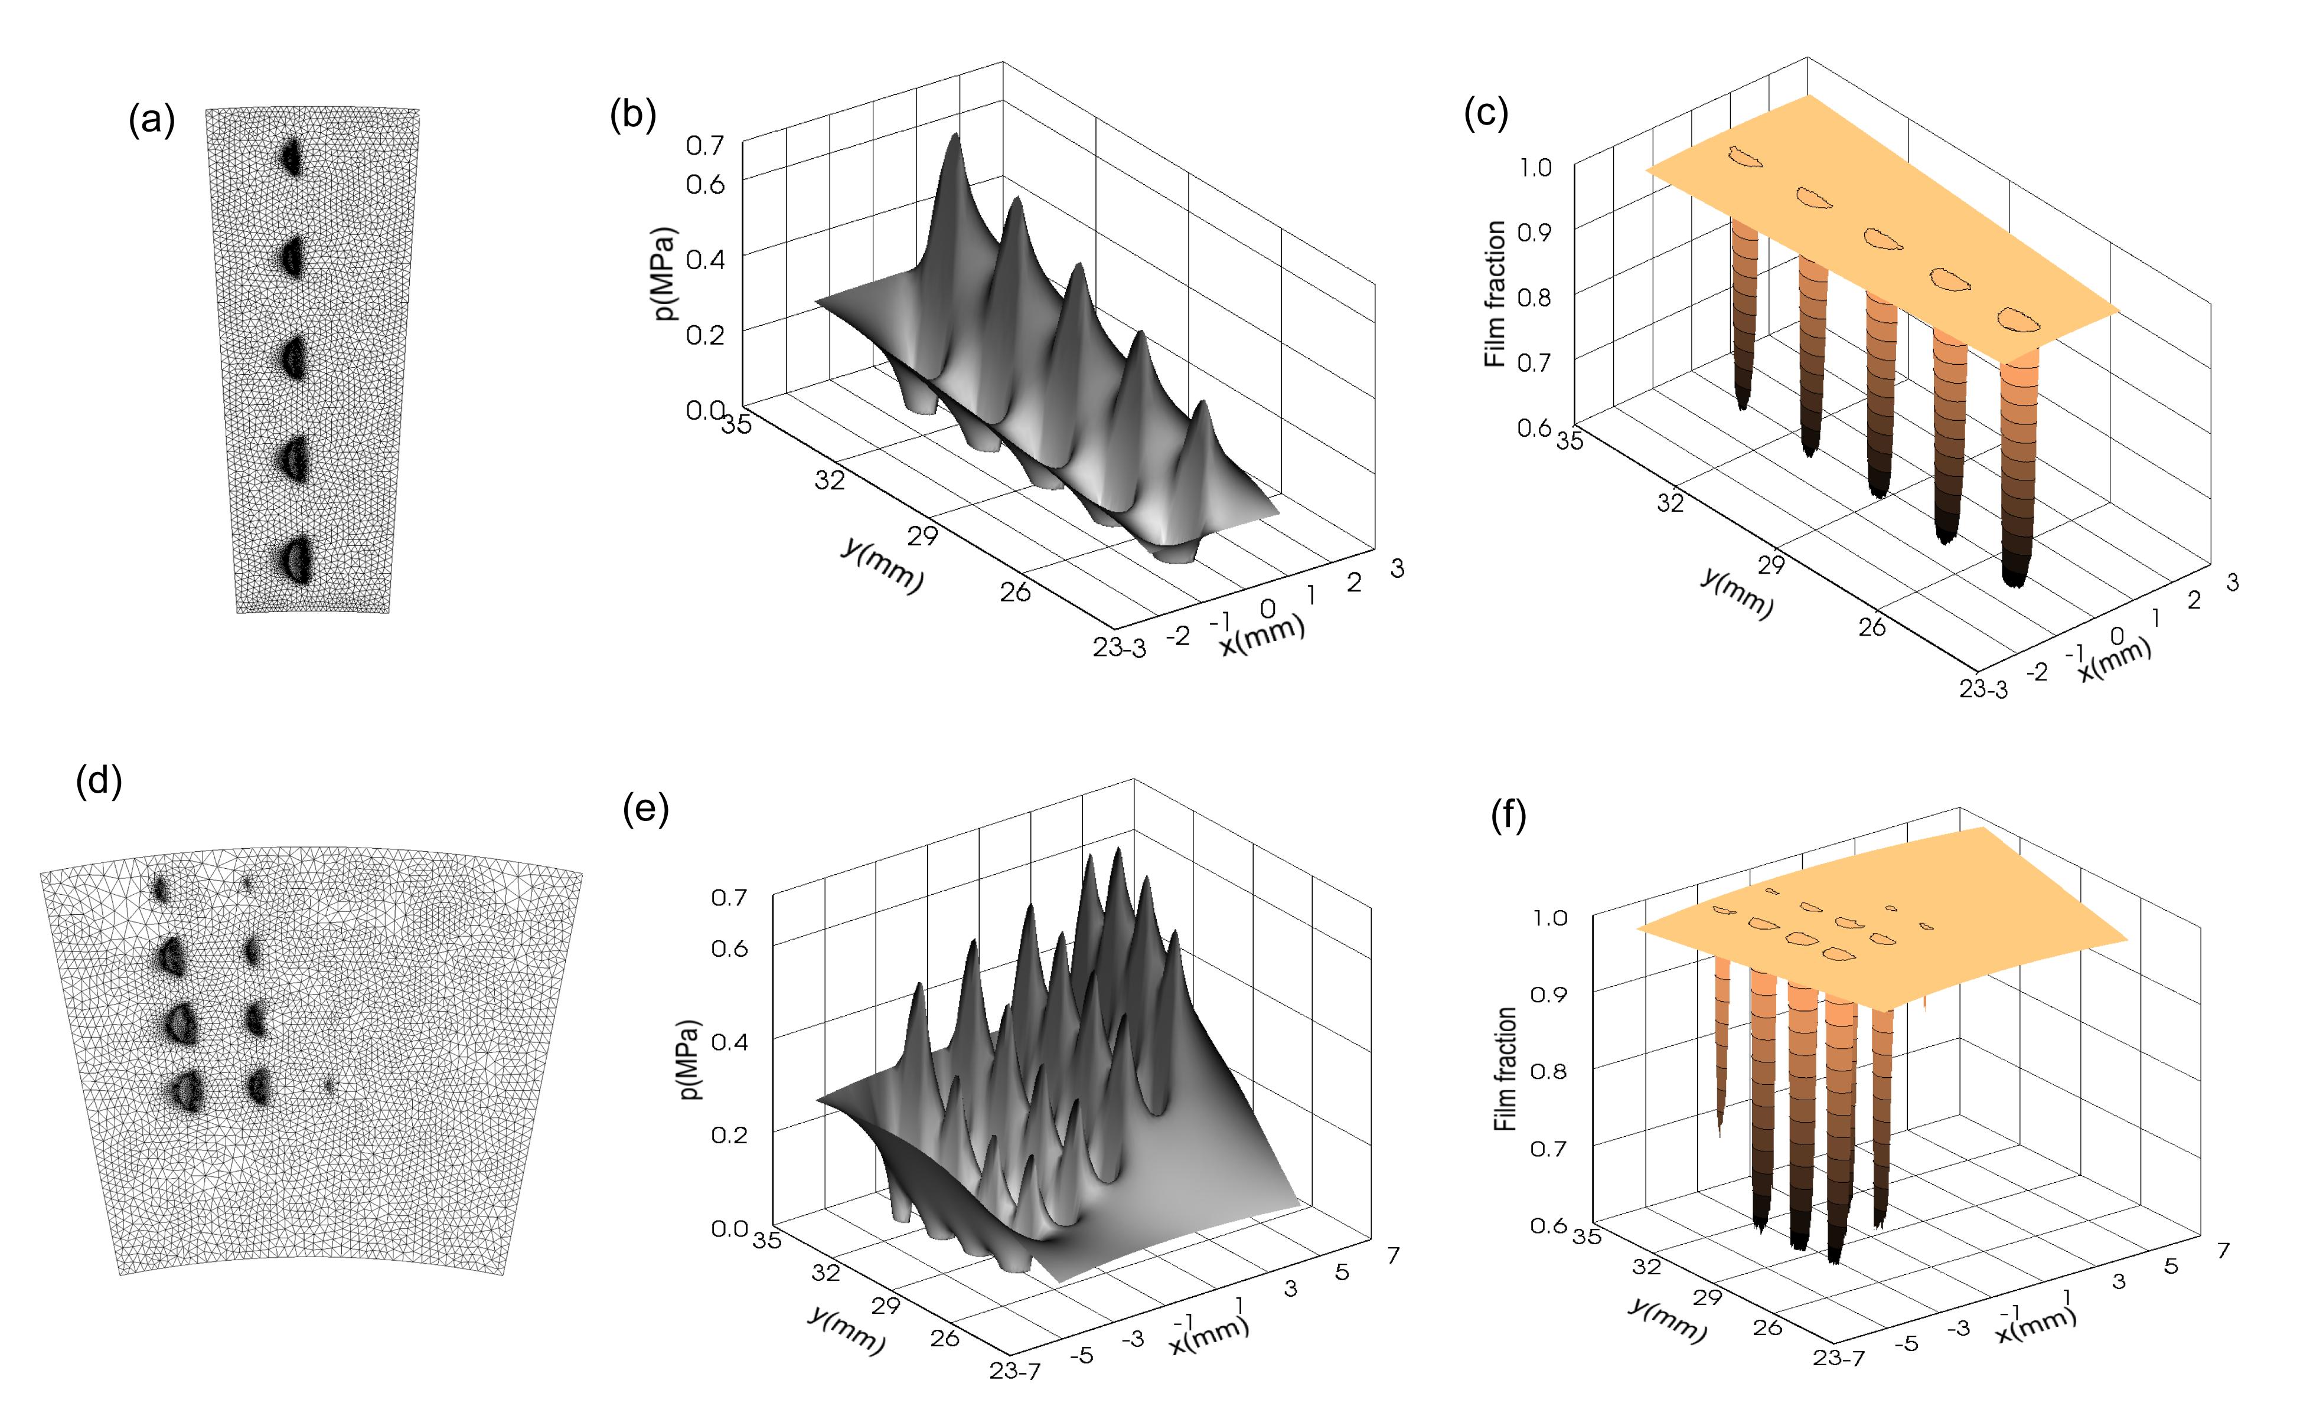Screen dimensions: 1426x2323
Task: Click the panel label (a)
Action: (x=152, y=122)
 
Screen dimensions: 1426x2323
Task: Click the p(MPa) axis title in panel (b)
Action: (x=667, y=273)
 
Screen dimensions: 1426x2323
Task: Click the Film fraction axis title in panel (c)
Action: (x=1496, y=295)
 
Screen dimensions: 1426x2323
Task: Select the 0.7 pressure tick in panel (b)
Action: (x=705, y=146)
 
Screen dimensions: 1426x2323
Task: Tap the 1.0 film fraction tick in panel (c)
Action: (x=1536, y=168)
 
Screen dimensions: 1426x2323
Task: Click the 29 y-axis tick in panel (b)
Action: (x=922, y=536)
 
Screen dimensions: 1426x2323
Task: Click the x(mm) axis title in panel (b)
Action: (x=1262, y=637)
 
